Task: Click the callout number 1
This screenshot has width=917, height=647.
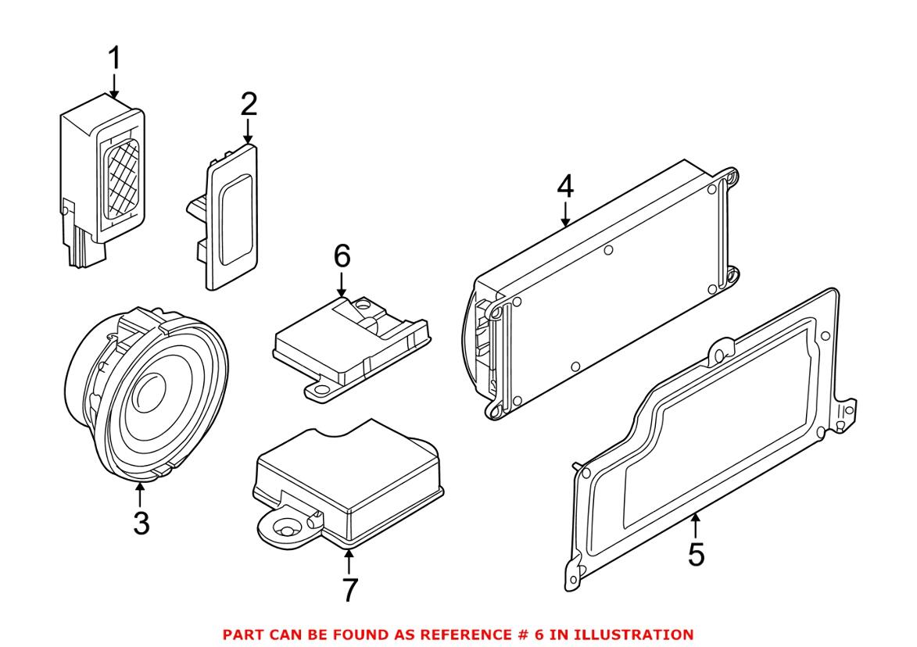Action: click(x=115, y=59)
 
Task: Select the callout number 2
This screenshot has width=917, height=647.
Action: click(x=249, y=105)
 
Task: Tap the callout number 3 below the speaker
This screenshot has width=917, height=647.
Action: click(x=141, y=523)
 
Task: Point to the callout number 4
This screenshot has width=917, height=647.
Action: click(x=565, y=188)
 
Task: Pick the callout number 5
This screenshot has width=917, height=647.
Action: click(x=696, y=554)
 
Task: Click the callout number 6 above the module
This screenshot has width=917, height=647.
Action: click(x=342, y=256)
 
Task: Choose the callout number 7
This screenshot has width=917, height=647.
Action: click(x=349, y=590)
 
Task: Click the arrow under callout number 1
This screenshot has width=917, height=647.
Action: click(x=114, y=85)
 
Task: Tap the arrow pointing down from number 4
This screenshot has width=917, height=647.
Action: click(x=565, y=215)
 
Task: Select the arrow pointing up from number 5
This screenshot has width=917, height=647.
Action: click(x=695, y=525)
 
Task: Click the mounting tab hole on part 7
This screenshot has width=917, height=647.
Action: click(x=285, y=530)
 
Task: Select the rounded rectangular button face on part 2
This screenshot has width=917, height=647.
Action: click(x=235, y=220)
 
